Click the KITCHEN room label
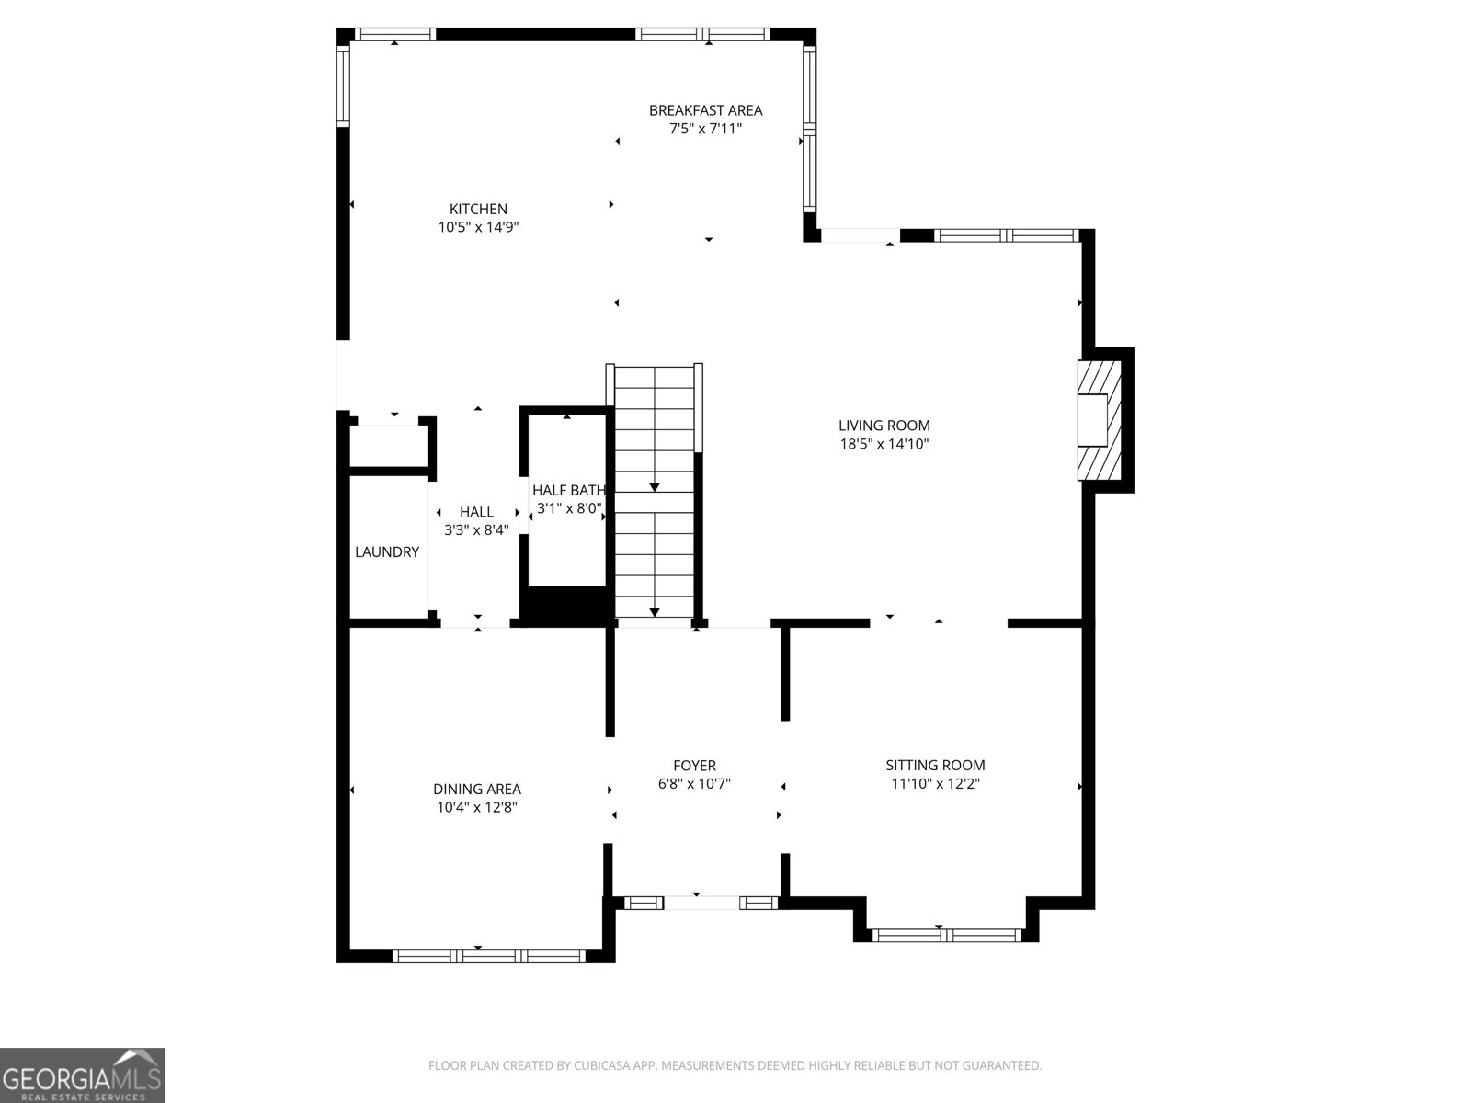(x=478, y=209)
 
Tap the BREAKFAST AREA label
(x=706, y=110)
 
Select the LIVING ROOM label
(x=884, y=426)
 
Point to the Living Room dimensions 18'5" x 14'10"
(x=884, y=444)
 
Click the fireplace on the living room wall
(x=1099, y=420)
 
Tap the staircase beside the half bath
(x=654, y=492)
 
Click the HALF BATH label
(x=569, y=490)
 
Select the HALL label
(x=476, y=512)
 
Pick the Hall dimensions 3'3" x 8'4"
(x=476, y=530)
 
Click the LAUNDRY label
(x=387, y=551)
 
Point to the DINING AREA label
(x=476, y=790)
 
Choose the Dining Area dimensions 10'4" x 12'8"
(x=476, y=808)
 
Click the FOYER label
(x=694, y=766)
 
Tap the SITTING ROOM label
(x=935, y=766)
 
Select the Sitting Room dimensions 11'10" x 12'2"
(x=935, y=783)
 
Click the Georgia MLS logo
(x=83, y=1075)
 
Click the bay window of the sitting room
(x=946, y=935)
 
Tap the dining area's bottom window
(x=488, y=956)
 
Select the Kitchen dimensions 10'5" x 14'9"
(x=478, y=227)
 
